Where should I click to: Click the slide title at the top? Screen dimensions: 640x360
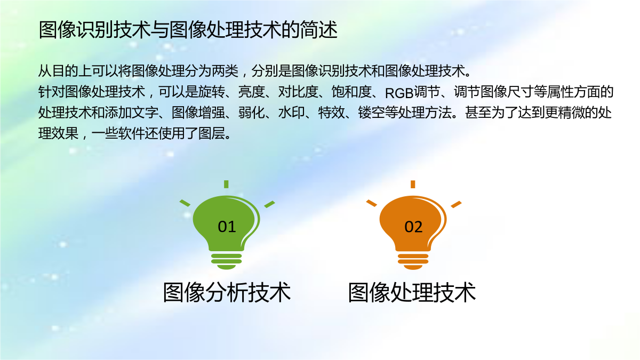[188, 30]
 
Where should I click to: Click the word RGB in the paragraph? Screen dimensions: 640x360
[399, 93]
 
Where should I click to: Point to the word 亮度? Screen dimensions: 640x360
[251, 92]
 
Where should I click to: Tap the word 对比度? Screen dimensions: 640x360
[298, 92]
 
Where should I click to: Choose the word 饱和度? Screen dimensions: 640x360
[351, 92]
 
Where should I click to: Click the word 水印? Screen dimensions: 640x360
[291, 113]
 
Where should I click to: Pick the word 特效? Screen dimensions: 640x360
[331, 113]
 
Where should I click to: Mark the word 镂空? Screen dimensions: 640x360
[371, 113]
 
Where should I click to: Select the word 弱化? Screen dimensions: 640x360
[251, 113]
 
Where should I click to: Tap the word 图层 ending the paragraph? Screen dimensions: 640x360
[211, 133]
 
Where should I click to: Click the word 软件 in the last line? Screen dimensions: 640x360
[131, 133]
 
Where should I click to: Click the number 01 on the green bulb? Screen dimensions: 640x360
[227, 227]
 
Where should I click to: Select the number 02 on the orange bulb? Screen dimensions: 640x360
[413, 227]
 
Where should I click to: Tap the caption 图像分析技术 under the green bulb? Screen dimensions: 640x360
[227, 292]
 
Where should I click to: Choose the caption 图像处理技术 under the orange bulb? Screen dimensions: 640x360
[412, 292]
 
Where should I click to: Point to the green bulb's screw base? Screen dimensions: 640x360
[226, 261]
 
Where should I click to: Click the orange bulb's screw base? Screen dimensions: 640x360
[413, 261]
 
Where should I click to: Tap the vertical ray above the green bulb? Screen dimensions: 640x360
[226, 184]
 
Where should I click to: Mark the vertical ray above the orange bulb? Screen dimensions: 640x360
[413, 184]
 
